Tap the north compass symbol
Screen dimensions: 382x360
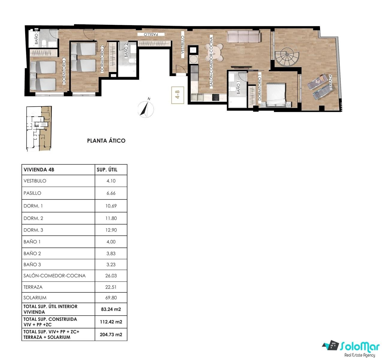point(146,109)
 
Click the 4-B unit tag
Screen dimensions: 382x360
point(178,95)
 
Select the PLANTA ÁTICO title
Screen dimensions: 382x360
point(106,140)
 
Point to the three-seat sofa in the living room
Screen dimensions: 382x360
point(244,36)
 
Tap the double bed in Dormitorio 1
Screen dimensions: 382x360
point(276,95)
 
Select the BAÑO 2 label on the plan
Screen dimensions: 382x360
point(126,50)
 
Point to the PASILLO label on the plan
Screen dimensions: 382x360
point(151,34)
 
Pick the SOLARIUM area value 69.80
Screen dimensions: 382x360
point(111,298)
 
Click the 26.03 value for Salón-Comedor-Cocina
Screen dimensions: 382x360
point(111,276)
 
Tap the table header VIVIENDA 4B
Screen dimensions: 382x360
point(39,170)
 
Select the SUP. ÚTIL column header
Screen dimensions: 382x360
point(107,169)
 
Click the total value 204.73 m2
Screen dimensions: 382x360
point(111,334)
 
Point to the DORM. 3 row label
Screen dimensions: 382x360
point(33,230)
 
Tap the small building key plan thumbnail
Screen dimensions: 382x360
point(39,129)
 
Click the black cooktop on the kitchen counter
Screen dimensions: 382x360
point(216,97)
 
